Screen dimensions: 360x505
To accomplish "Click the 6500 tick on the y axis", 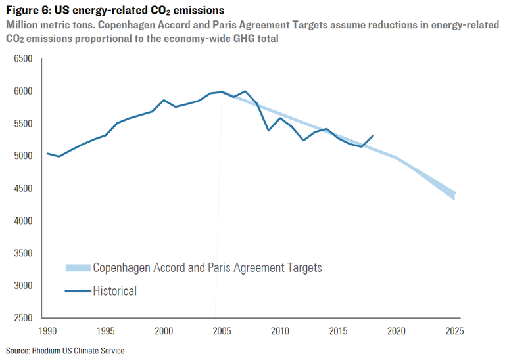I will (x=23, y=59).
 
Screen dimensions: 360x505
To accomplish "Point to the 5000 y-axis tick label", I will (x=23, y=156).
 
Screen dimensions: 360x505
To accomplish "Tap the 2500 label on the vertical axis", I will (x=23, y=318).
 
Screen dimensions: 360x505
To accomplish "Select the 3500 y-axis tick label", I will (x=23, y=254).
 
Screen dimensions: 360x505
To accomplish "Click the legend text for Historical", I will (x=114, y=290).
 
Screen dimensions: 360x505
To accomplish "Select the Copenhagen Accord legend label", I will (x=206, y=268).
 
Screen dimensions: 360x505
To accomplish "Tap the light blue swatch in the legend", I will (x=77, y=268).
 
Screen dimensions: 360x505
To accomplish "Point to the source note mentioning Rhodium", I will (x=65, y=351).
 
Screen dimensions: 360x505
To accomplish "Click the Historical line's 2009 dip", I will (x=268, y=130).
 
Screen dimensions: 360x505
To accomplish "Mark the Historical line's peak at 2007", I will (x=245, y=91).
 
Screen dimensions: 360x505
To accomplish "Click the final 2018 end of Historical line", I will (x=373, y=136).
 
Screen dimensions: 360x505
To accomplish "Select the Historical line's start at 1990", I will (x=47, y=154).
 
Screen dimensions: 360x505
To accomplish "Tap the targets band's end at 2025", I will (x=454, y=195).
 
